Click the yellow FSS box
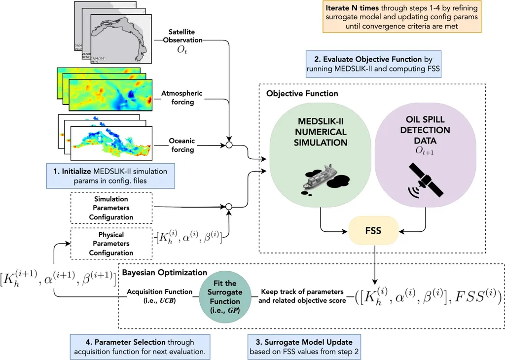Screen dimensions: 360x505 click(373, 230)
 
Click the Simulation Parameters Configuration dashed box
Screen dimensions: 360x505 click(110, 208)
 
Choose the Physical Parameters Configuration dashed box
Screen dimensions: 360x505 click(110, 244)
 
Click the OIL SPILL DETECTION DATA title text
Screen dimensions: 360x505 click(425, 130)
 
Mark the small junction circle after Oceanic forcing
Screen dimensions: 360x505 click(228, 145)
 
